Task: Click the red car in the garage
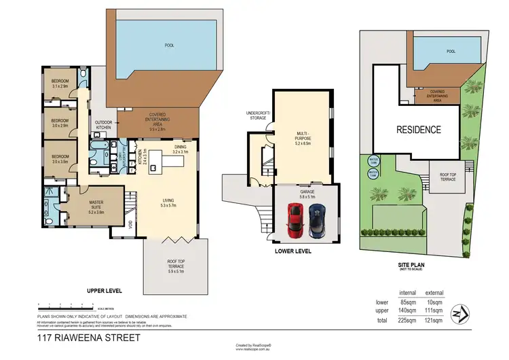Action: pyautogui.click(x=295, y=218)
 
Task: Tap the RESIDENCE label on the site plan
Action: pyautogui.click(x=419, y=130)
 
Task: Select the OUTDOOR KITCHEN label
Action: pyautogui.click(x=103, y=125)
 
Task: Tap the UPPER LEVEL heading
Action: pyautogui.click(x=104, y=291)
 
